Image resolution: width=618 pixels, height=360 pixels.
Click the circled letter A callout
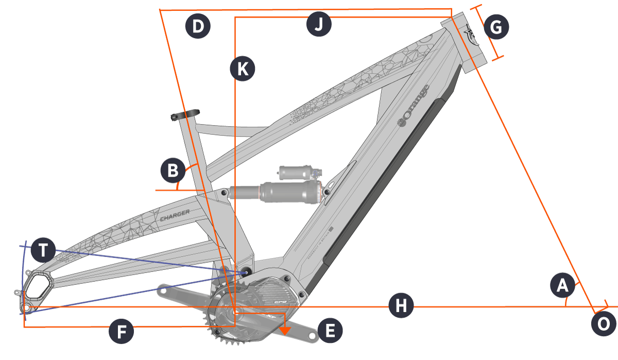tap(561, 285)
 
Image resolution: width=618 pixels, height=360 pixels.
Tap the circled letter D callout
tap(198, 26)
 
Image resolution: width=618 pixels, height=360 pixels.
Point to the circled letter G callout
tap(496, 28)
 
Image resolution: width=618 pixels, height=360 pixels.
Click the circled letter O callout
tap(604, 324)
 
